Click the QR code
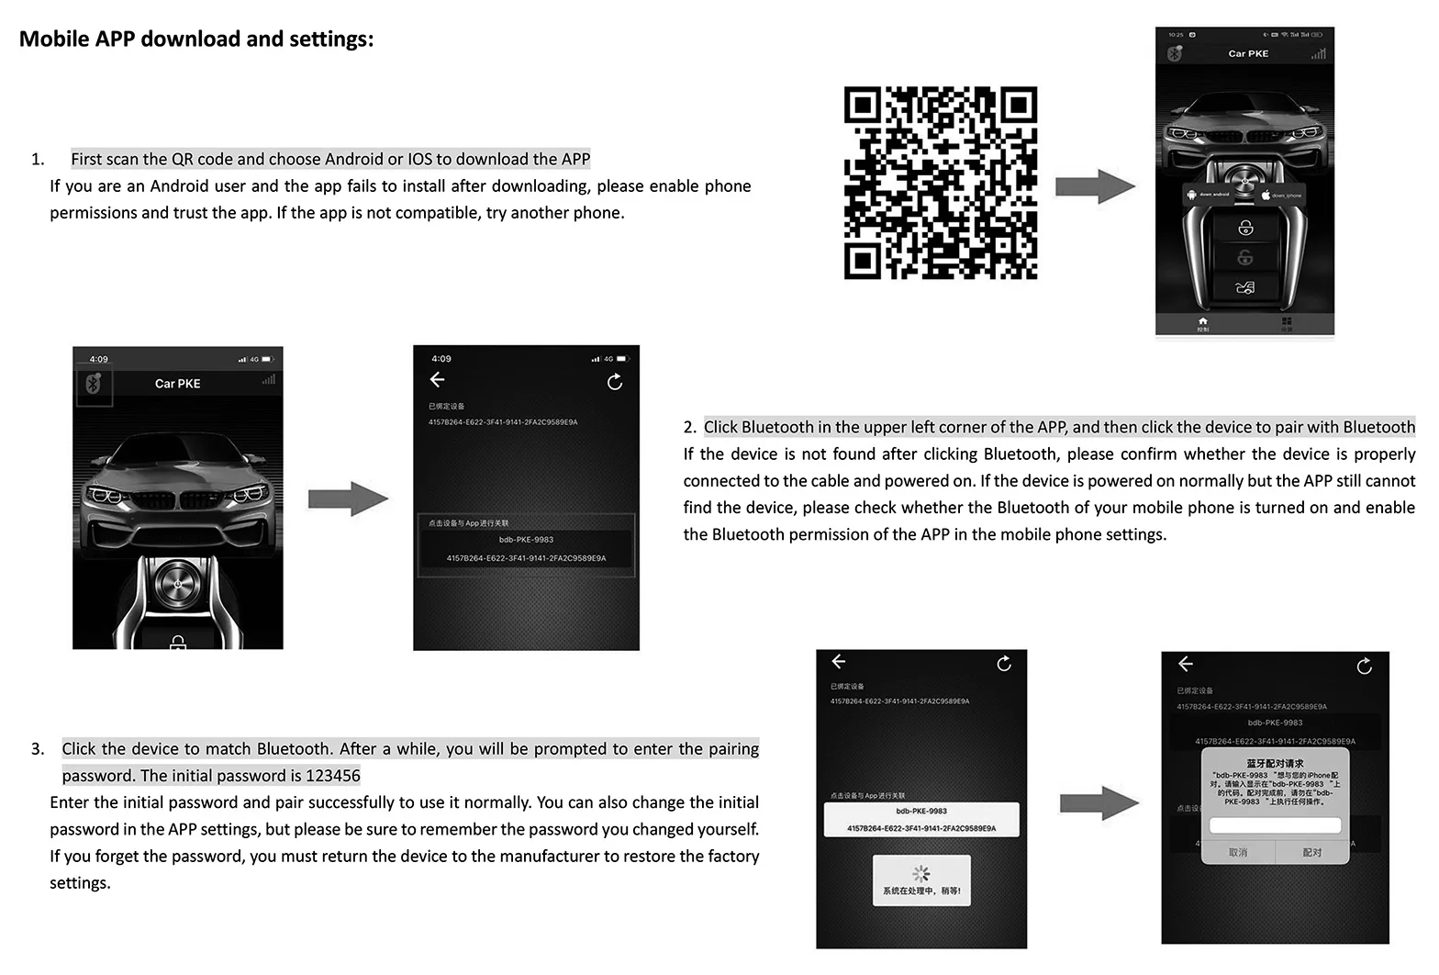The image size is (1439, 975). tap(940, 183)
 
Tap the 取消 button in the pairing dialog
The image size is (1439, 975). tap(1237, 852)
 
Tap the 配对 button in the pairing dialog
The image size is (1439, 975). tap(1311, 852)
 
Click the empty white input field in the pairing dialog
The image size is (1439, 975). tap(1275, 825)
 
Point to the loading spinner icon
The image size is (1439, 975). tap(920, 873)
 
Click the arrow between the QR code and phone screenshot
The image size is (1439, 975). tap(1095, 186)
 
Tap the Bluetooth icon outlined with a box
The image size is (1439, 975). tap(93, 385)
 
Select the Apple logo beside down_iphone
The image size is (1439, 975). tap(1266, 195)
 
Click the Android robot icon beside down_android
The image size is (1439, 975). tap(1191, 195)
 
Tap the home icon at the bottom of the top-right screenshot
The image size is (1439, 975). tap(1202, 321)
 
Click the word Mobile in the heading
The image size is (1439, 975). tap(54, 39)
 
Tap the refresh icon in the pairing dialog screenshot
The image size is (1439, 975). tap(1364, 666)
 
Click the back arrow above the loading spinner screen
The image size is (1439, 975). tap(838, 661)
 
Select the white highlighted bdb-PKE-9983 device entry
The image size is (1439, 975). tap(920, 819)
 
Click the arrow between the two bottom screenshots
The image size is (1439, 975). tap(1099, 803)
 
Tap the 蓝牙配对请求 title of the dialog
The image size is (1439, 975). tap(1274, 763)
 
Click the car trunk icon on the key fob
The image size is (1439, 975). tap(1244, 288)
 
